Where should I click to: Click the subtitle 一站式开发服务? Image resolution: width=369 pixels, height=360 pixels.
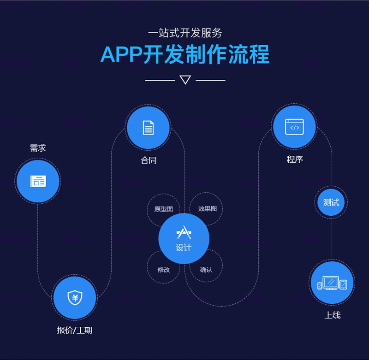point(185,33)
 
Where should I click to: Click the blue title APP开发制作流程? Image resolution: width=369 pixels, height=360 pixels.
point(185,54)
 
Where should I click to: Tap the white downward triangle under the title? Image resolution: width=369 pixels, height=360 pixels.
point(185,80)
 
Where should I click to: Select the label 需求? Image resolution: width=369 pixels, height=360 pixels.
point(38,148)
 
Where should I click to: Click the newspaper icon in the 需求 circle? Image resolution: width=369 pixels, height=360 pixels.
point(38,181)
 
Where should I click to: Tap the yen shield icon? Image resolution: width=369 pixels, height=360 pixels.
point(75,297)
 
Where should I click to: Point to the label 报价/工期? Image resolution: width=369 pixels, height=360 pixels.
point(75,330)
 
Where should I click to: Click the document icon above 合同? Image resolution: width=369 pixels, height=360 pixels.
point(148,128)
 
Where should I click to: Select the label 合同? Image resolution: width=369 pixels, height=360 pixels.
point(149,160)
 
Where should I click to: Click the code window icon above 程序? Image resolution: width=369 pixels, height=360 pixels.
point(294,127)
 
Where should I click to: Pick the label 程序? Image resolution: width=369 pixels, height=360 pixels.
point(295,159)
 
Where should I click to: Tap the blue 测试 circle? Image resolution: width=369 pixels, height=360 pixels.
point(331,202)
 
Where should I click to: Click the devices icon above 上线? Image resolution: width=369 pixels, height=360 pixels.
point(332,283)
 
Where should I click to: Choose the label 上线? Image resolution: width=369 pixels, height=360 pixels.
point(332,315)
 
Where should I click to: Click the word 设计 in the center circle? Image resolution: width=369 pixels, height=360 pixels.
point(184,248)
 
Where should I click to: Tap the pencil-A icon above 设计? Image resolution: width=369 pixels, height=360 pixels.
point(184,232)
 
